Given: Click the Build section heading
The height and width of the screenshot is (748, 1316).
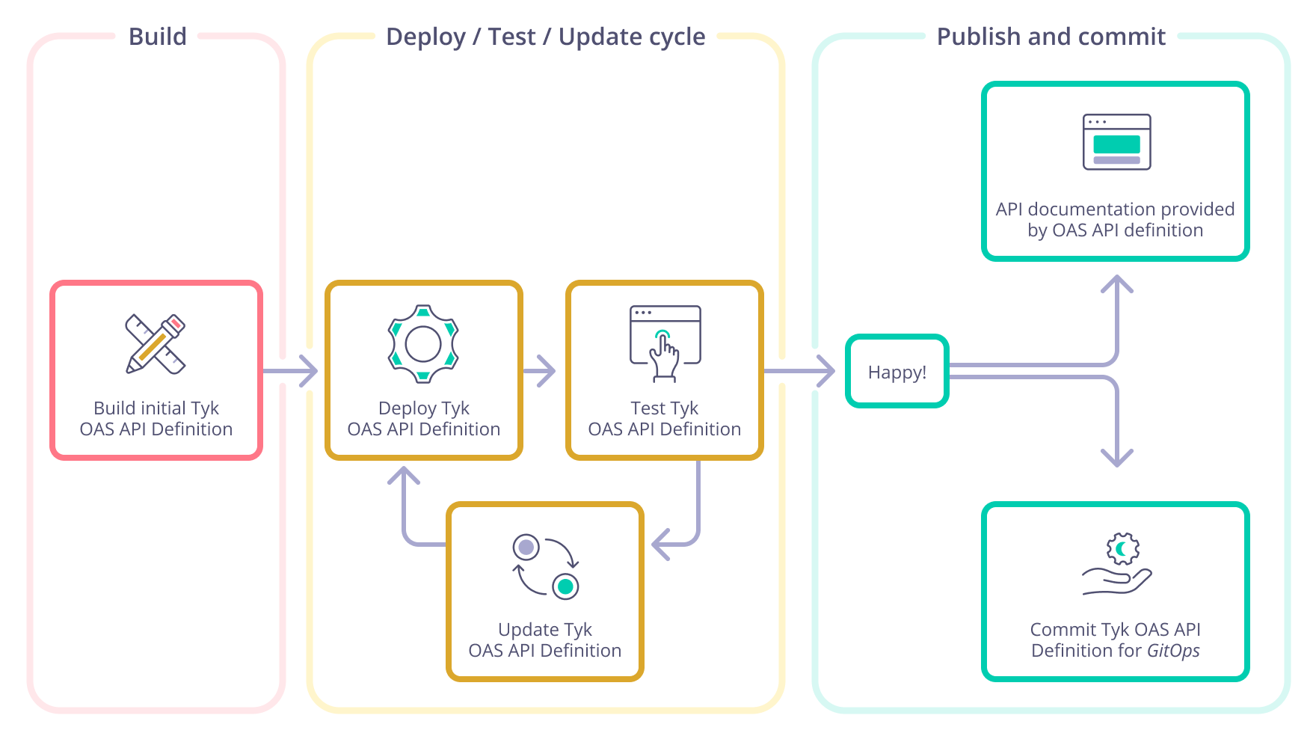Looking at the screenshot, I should click(157, 37).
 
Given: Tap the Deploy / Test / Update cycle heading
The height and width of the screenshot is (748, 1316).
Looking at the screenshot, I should click(545, 37).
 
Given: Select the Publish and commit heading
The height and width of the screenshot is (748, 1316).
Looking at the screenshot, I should click(1051, 37).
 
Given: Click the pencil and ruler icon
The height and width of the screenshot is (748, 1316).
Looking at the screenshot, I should click(156, 344).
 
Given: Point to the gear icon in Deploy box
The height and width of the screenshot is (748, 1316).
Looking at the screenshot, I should click(423, 344).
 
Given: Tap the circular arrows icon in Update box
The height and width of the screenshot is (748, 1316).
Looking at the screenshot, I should click(546, 566).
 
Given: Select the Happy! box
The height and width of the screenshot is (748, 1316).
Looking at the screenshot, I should click(897, 372).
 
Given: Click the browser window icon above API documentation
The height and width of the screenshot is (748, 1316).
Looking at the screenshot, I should click(1116, 142).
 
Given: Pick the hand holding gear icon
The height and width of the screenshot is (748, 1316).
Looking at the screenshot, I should click(1117, 565).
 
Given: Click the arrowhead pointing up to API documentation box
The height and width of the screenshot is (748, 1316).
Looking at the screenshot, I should click(1117, 284).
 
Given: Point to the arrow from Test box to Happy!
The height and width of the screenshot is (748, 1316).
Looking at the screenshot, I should click(800, 371).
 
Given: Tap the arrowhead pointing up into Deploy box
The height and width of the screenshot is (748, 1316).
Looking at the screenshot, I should click(404, 476).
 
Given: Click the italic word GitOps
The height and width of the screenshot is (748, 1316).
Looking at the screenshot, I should click(1173, 651).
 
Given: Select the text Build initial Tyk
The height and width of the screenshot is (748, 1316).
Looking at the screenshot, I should click(156, 408).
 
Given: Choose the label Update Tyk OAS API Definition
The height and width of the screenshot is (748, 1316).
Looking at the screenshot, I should click(545, 640).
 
